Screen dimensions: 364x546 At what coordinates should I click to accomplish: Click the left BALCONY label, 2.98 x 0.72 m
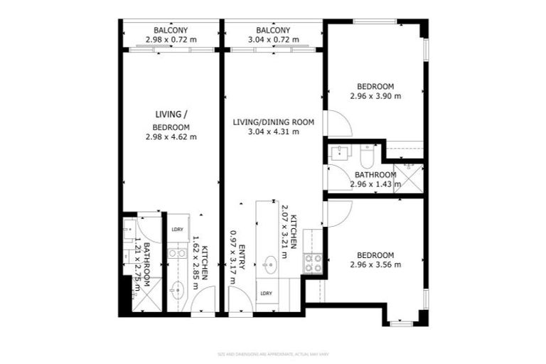pyautogui.click(x=171, y=30)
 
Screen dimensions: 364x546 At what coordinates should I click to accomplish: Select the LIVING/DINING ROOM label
pyautogui.click(x=273, y=122)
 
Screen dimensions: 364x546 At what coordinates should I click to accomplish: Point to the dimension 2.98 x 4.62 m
pyautogui.click(x=171, y=136)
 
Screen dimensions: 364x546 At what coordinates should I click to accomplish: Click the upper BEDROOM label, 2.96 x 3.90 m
pyautogui.click(x=375, y=87)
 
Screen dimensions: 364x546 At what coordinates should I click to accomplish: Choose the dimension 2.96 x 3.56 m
pyautogui.click(x=375, y=264)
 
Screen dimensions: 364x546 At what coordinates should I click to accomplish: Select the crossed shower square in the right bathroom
pyautogui.click(x=409, y=177)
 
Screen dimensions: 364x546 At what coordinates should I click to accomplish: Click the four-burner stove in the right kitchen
pyautogui.click(x=313, y=263)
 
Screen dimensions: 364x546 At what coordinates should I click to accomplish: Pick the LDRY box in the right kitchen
pyautogui.click(x=267, y=293)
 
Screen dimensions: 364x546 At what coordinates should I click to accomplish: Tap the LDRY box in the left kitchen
pyautogui.click(x=177, y=229)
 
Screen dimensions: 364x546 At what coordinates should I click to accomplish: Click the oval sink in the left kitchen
pyautogui.click(x=177, y=289)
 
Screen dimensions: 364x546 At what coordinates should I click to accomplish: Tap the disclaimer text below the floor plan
pyautogui.click(x=273, y=353)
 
